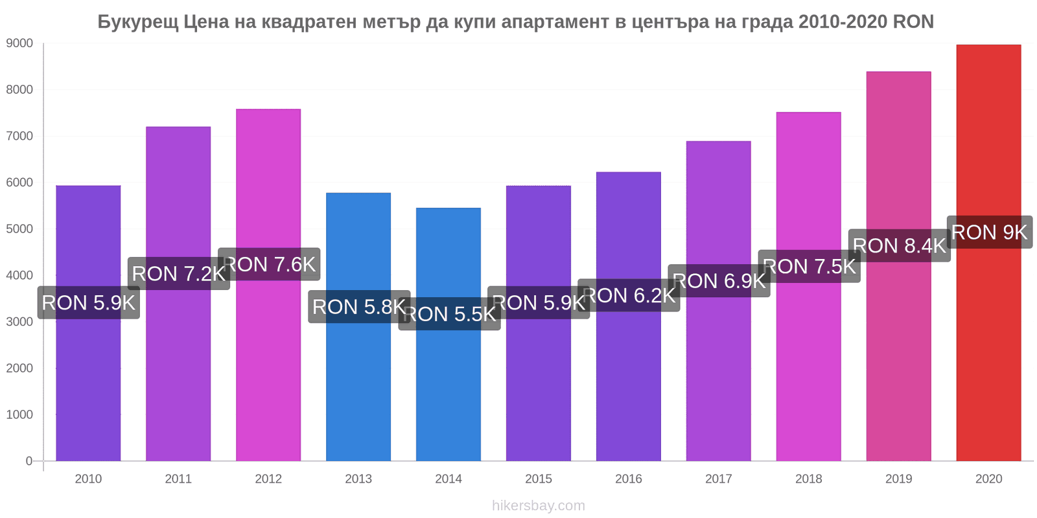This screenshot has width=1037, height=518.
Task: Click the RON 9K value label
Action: (x=990, y=232)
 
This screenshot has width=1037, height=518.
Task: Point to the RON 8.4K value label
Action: (x=900, y=246)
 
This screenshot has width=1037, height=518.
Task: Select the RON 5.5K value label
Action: (x=449, y=315)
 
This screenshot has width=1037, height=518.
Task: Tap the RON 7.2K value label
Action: (x=179, y=274)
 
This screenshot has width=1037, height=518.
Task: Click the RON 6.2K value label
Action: (x=629, y=296)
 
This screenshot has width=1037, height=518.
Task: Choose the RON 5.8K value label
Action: (x=359, y=307)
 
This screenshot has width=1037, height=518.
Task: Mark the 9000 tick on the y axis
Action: (x=19, y=43)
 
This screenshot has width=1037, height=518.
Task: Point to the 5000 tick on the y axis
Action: (x=19, y=229)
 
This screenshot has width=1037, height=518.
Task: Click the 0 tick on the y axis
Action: (x=29, y=461)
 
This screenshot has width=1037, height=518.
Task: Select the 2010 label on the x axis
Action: (x=88, y=479)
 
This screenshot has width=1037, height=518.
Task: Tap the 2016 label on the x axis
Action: (x=629, y=479)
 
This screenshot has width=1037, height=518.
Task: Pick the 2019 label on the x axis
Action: (x=898, y=479)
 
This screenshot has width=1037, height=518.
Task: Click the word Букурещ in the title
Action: (x=137, y=22)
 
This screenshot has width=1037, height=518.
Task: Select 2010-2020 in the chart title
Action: (x=843, y=22)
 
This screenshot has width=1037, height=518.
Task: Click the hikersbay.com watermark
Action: (x=538, y=506)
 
